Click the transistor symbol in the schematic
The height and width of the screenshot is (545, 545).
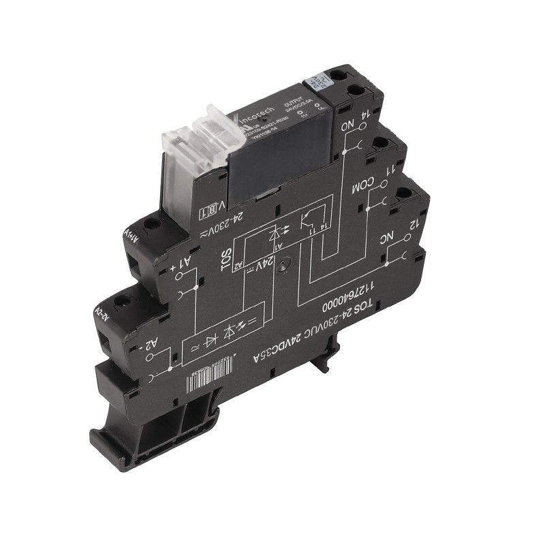point(310,221)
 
